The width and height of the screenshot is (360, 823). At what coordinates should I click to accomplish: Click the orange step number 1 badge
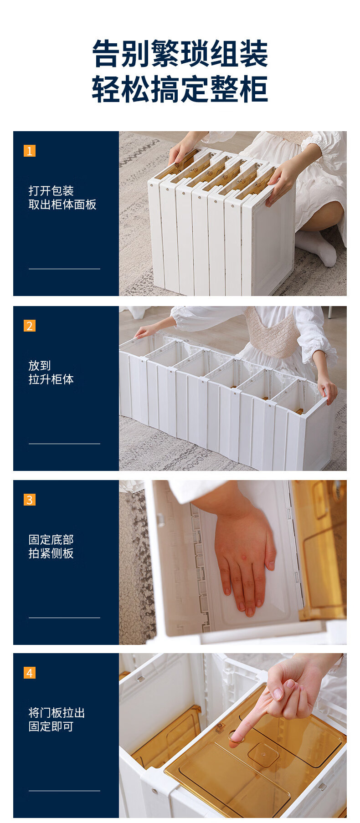(30, 151)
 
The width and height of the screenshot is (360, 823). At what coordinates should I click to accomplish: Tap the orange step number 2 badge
(30, 326)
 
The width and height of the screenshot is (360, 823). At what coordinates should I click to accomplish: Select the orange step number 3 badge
(30, 500)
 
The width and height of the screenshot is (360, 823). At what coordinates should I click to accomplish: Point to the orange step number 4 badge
(30, 673)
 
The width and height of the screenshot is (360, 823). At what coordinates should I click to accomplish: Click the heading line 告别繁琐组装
(180, 54)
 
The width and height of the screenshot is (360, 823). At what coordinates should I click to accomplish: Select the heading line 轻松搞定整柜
(180, 89)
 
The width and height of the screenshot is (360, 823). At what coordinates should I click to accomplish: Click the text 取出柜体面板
(62, 204)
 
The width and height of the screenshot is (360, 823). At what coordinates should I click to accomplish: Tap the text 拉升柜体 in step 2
(51, 379)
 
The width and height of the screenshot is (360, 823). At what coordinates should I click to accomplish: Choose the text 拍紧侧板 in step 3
(51, 553)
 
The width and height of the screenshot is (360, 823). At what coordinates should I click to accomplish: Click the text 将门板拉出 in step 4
(57, 713)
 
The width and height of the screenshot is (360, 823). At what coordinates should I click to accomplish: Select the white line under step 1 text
(64, 269)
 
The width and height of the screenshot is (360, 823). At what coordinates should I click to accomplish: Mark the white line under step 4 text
(64, 791)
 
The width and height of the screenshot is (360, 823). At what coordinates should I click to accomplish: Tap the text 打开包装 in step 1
(51, 191)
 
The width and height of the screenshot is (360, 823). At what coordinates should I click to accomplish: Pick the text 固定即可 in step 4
(51, 726)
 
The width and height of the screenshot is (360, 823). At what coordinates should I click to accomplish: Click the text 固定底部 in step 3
(51, 540)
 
